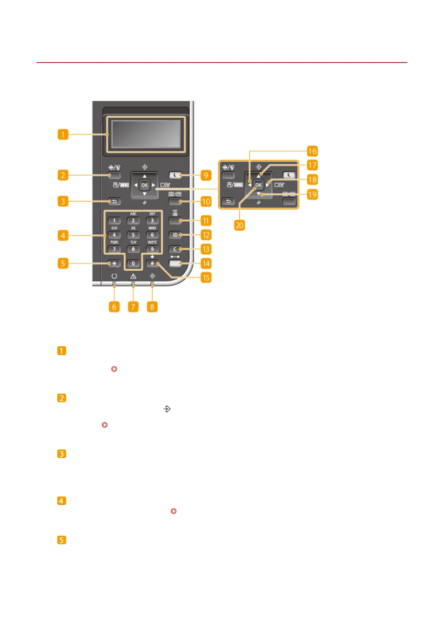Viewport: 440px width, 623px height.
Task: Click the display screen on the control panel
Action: point(145,134)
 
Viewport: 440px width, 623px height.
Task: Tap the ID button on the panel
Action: point(175,235)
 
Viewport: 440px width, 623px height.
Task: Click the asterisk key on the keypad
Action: point(115,263)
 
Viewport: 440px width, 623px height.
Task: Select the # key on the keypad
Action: point(152,263)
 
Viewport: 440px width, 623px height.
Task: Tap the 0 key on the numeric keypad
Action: point(133,263)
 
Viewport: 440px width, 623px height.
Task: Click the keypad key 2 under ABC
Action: point(133,220)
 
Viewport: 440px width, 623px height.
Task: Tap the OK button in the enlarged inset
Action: point(258,185)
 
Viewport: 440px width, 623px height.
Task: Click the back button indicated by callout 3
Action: point(115,202)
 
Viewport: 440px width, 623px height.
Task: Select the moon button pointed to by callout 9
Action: point(175,175)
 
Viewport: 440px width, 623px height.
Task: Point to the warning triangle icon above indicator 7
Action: point(133,276)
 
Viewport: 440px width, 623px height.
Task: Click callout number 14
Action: point(206,263)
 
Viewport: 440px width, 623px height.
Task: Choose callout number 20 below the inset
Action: point(239,225)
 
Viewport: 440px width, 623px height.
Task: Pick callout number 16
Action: point(312,151)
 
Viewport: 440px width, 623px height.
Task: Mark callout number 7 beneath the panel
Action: point(133,307)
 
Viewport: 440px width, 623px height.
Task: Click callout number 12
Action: point(206,235)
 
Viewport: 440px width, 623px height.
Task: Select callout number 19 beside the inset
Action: point(312,194)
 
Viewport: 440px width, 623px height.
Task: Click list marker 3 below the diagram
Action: point(62,454)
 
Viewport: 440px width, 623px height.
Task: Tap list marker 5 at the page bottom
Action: point(62,540)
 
